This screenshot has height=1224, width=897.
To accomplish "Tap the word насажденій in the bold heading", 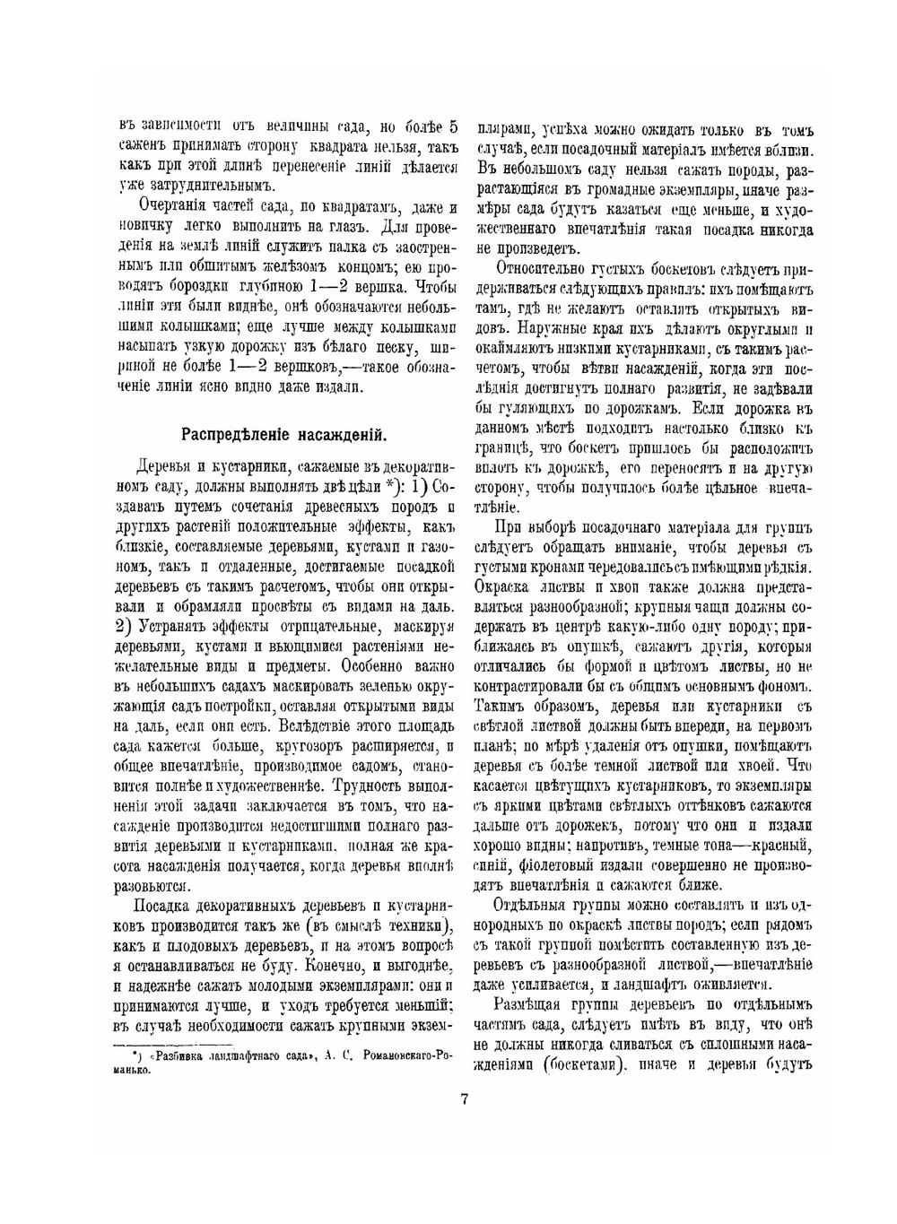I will tap(344, 436).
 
